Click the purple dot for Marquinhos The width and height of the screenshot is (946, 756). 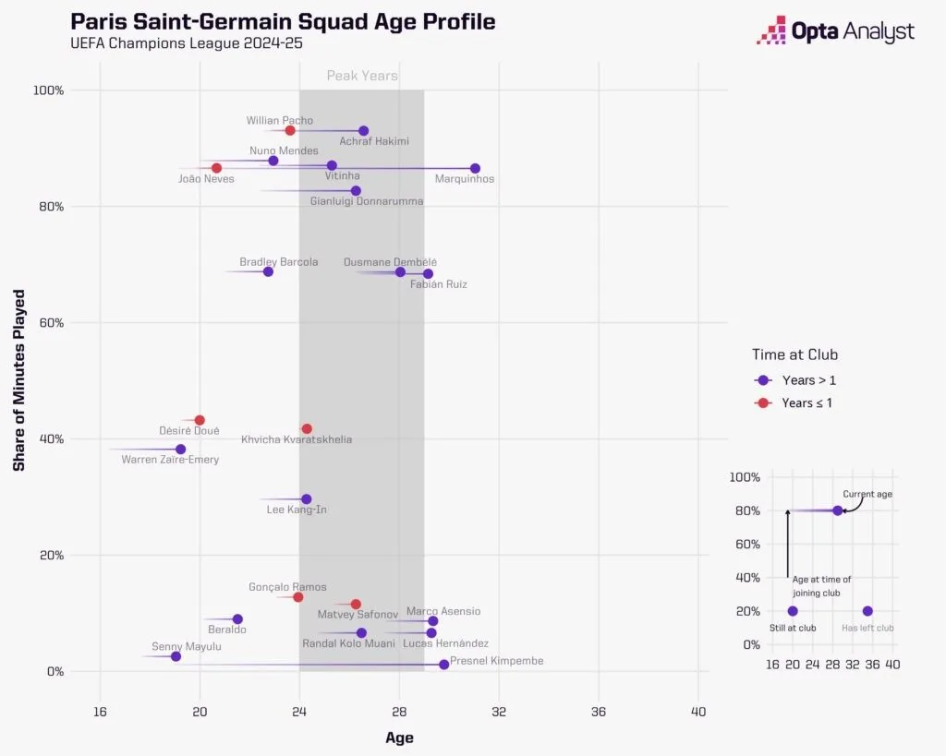point(475,168)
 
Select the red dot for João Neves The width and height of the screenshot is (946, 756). point(216,168)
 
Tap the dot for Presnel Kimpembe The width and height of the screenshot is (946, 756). point(443,664)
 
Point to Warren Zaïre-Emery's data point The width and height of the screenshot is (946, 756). point(180,450)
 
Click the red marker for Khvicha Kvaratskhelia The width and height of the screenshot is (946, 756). point(307,428)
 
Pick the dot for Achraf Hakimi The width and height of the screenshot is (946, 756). point(363,131)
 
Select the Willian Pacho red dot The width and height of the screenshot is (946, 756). point(290,130)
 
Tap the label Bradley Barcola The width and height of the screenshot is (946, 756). point(278,262)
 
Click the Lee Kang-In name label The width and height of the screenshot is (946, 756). point(296,510)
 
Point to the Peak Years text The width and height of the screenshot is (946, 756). point(362,76)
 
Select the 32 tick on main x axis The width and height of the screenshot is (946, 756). point(499,711)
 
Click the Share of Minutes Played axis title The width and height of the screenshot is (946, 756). point(19,380)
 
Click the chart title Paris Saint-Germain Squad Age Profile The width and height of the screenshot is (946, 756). point(283,21)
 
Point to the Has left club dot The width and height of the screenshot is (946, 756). point(867,611)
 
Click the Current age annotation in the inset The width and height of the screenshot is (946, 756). point(867,494)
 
